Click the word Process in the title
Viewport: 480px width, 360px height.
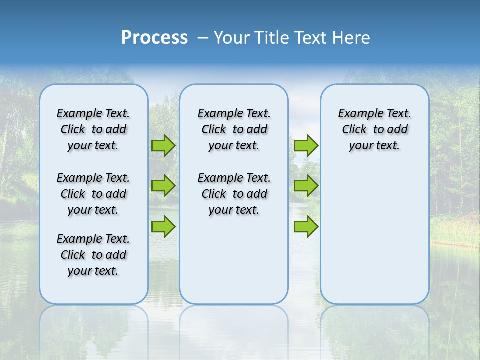point(154,38)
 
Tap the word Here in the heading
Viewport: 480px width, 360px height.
point(351,38)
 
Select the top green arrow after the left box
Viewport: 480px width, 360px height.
point(163,145)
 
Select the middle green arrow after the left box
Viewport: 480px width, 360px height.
point(163,186)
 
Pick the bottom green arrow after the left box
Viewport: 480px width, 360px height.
point(163,226)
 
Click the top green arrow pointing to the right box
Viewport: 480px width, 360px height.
point(306,145)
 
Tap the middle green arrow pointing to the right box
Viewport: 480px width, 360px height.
point(306,186)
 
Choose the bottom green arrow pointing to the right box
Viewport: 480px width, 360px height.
point(306,226)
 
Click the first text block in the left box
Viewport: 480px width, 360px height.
point(93,129)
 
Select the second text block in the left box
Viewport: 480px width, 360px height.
point(93,194)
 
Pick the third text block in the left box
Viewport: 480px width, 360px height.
point(93,255)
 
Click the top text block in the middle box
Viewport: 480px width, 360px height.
point(234,129)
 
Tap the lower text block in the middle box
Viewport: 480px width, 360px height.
point(234,194)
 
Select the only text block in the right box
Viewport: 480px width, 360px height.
point(374,129)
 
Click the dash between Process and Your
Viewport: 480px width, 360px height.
point(203,38)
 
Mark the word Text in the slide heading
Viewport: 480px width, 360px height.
point(309,38)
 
